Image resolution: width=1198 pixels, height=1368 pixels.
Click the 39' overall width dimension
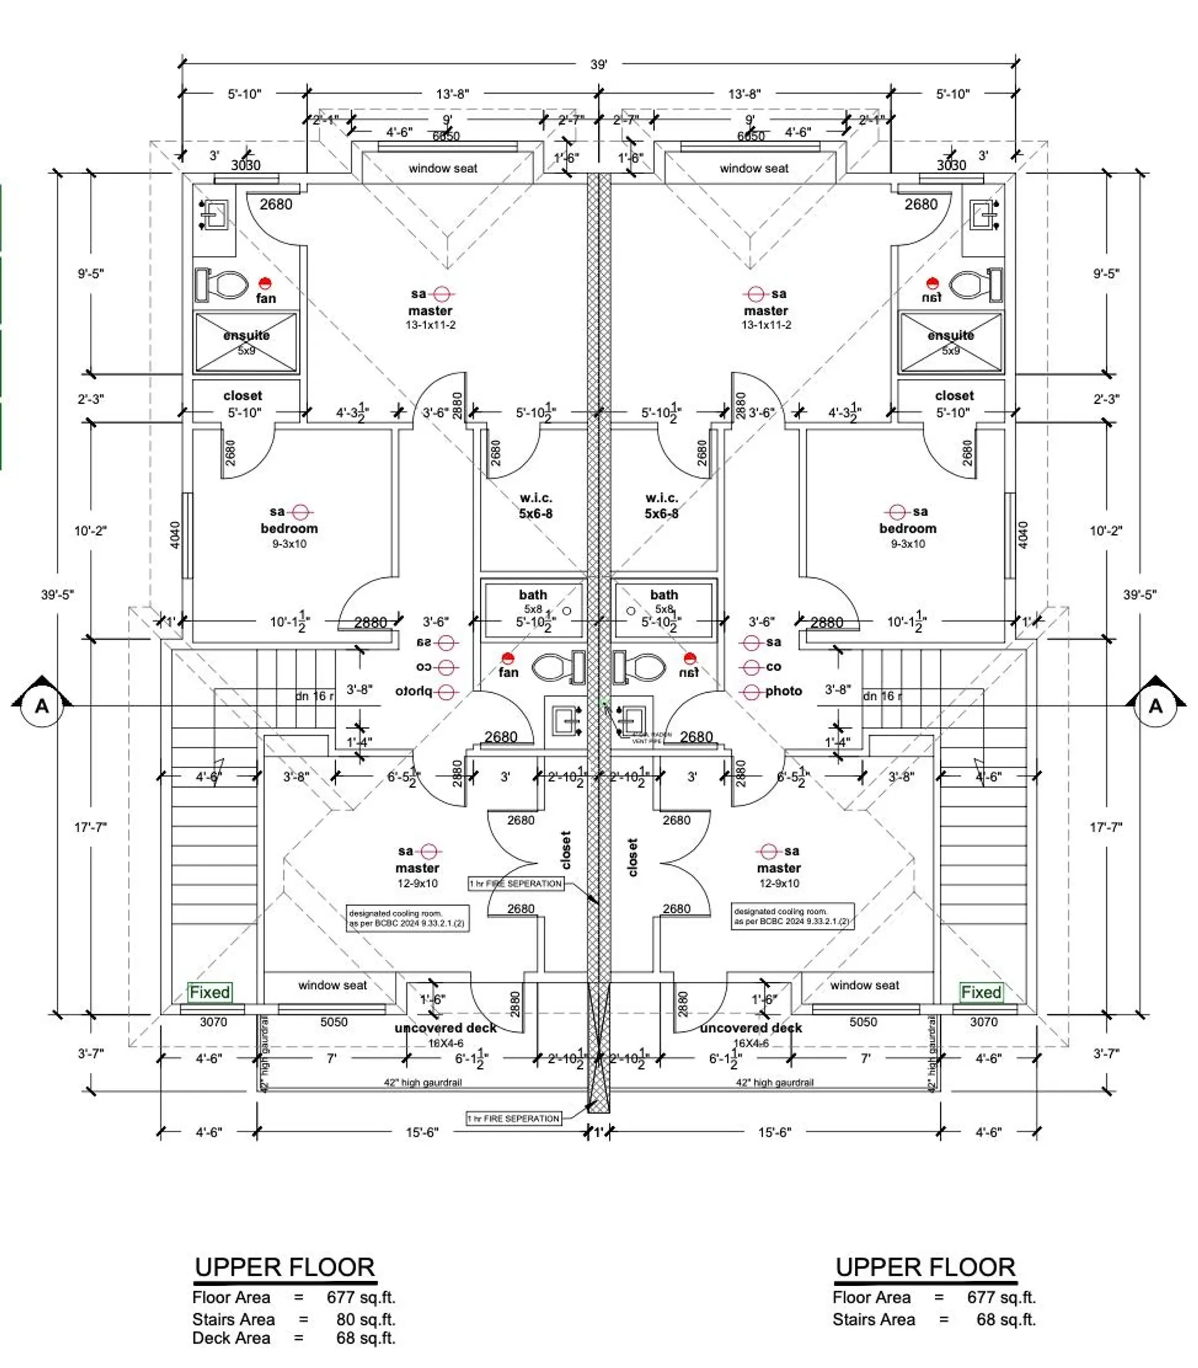click(x=598, y=65)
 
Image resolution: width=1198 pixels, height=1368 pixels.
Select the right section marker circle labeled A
click(x=1155, y=706)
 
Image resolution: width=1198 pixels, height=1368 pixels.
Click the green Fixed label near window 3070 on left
click(x=210, y=992)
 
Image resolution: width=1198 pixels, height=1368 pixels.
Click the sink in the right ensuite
click(x=984, y=215)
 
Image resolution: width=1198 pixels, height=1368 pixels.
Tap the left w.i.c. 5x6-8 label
click(x=535, y=506)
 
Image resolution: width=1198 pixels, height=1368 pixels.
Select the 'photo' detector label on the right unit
click(x=783, y=691)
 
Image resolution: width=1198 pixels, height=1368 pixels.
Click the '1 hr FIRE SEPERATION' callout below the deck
click(x=514, y=1118)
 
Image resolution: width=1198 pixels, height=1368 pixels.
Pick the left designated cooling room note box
click(x=407, y=918)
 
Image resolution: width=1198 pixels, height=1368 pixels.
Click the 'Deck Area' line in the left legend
click(x=293, y=1338)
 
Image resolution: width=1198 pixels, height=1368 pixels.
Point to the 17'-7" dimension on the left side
click(x=91, y=827)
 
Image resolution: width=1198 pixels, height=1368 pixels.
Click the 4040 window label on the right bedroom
click(x=1022, y=535)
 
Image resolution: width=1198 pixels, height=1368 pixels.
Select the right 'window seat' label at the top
click(x=754, y=169)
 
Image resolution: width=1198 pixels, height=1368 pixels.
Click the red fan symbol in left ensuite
click(x=265, y=283)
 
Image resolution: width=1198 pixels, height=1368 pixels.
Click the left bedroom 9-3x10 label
click(x=289, y=544)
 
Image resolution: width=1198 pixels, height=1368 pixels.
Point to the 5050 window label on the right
click(x=862, y=1022)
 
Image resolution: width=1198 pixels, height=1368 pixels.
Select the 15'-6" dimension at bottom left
click(x=422, y=1133)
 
